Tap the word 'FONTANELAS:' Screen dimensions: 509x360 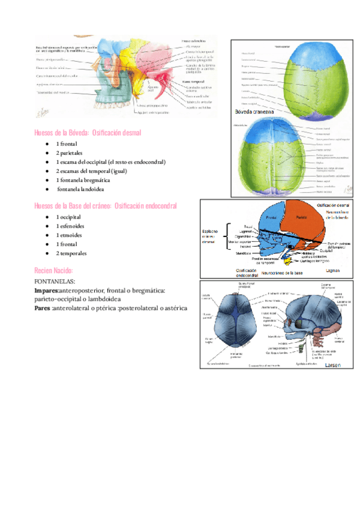tap(55, 281)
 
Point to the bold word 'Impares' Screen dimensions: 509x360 tap(47, 290)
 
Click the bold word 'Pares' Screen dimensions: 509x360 tap(43, 308)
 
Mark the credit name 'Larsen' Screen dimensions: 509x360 tap(334, 364)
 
